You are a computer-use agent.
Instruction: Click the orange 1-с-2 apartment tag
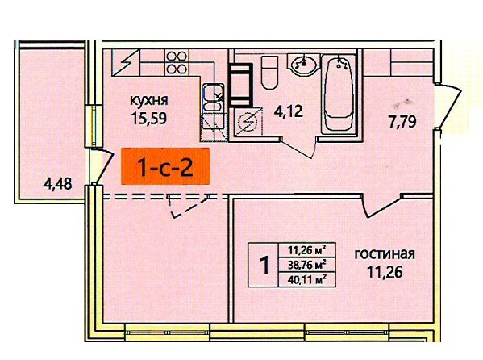coord(165,166)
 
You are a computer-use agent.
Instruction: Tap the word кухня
coord(149,100)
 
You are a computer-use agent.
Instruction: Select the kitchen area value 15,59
coord(149,118)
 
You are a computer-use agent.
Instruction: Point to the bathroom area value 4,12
coord(289,111)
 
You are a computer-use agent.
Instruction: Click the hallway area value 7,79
coord(402,122)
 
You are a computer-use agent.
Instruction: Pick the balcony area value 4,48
coord(57,184)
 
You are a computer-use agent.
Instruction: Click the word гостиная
coord(385,254)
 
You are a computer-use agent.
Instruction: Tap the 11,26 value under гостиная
coord(385,272)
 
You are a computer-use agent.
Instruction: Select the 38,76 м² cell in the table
coord(306,265)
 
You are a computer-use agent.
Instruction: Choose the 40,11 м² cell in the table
coord(306,280)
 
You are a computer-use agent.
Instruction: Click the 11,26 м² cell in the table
coord(306,249)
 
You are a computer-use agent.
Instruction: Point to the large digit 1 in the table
coord(264,266)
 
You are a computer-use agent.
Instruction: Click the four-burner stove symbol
coord(177,63)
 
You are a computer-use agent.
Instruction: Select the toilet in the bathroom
coord(269,73)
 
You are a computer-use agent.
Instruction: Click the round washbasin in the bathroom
coord(304,64)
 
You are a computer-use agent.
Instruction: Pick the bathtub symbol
coord(339,94)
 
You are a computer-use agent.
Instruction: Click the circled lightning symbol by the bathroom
coord(248,122)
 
